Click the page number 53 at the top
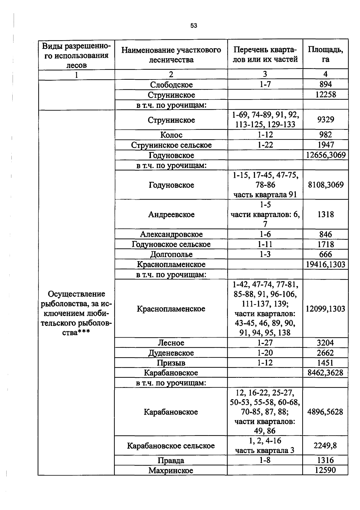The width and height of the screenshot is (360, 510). pos(193,26)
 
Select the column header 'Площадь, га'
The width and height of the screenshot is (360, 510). pos(325,54)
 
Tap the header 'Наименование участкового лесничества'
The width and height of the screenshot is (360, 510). pos(171,55)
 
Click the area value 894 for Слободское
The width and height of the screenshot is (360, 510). pos(325,84)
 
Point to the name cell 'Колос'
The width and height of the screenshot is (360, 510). pos(171,135)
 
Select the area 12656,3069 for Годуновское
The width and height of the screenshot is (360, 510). pos(325,155)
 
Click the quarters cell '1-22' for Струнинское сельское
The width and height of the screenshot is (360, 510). pos(265,145)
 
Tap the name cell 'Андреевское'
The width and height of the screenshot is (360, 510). pos(171,214)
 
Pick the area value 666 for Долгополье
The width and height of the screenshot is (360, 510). pos(325,254)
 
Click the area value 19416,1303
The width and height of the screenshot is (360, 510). pos(325,264)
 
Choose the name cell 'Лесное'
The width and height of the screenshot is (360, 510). pos(171,343)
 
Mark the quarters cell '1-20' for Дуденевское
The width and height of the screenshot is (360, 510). pos(265,353)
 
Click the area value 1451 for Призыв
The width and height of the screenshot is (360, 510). pos(325,363)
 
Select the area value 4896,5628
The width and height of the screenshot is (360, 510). pos(325,412)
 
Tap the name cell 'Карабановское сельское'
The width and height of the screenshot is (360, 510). pos(171,446)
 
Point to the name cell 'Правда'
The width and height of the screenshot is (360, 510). pos(171,460)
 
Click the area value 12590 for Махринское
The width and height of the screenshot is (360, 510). pos(325,470)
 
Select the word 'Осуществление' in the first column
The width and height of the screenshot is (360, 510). pos(76,294)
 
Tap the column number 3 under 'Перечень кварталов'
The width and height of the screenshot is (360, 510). pos(265,74)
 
